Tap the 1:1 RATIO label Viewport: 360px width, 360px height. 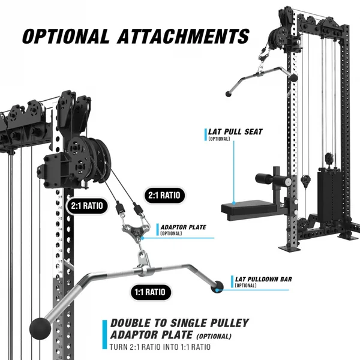[146, 293]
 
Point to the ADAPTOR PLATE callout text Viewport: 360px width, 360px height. [183, 228]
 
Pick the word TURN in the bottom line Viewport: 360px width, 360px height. [119, 347]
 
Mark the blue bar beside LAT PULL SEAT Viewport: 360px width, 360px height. [205, 133]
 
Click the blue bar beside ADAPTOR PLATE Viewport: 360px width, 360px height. [158, 230]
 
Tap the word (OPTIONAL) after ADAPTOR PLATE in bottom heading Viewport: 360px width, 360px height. [214, 337]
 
